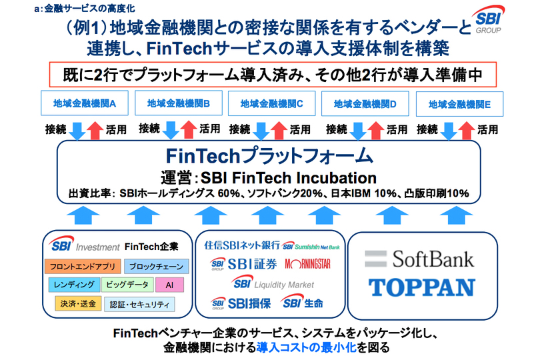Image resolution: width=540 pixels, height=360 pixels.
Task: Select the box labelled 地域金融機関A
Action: tap(85, 103)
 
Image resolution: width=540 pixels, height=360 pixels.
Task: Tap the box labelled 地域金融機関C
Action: tap(271, 103)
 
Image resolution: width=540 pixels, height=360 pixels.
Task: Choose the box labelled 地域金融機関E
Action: tap(459, 104)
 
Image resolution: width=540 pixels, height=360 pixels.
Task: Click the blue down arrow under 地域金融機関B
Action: tap(171, 130)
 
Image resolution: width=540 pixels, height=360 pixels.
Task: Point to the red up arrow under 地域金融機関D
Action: tap(375, 131)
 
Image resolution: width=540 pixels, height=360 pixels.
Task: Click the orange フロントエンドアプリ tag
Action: tap(83, 266)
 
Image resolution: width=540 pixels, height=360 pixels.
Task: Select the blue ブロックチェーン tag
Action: tap(157, 266)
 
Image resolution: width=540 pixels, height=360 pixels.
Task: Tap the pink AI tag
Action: tap(169, 285)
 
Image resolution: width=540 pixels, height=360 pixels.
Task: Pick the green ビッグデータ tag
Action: tap(127, 285)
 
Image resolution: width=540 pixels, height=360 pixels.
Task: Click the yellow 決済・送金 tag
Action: tap(78, 303)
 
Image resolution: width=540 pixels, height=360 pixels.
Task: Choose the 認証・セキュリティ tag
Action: tap(139, 305)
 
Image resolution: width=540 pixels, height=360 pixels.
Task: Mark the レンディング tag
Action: tap(74, 285)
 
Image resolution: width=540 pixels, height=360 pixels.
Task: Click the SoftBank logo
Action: tap(419, 259)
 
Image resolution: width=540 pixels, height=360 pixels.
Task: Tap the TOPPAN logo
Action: tap(422, 287)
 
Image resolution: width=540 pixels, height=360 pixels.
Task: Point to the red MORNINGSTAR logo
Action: tap(307, 264)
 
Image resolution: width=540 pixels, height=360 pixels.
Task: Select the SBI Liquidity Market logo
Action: tap(273, 283)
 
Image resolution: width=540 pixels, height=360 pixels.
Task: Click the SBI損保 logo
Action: tap(241, 303)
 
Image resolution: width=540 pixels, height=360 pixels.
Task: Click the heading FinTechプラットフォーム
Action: tap(269, 156)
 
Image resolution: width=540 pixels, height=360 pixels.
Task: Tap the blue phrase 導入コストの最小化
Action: tap(306, 347)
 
